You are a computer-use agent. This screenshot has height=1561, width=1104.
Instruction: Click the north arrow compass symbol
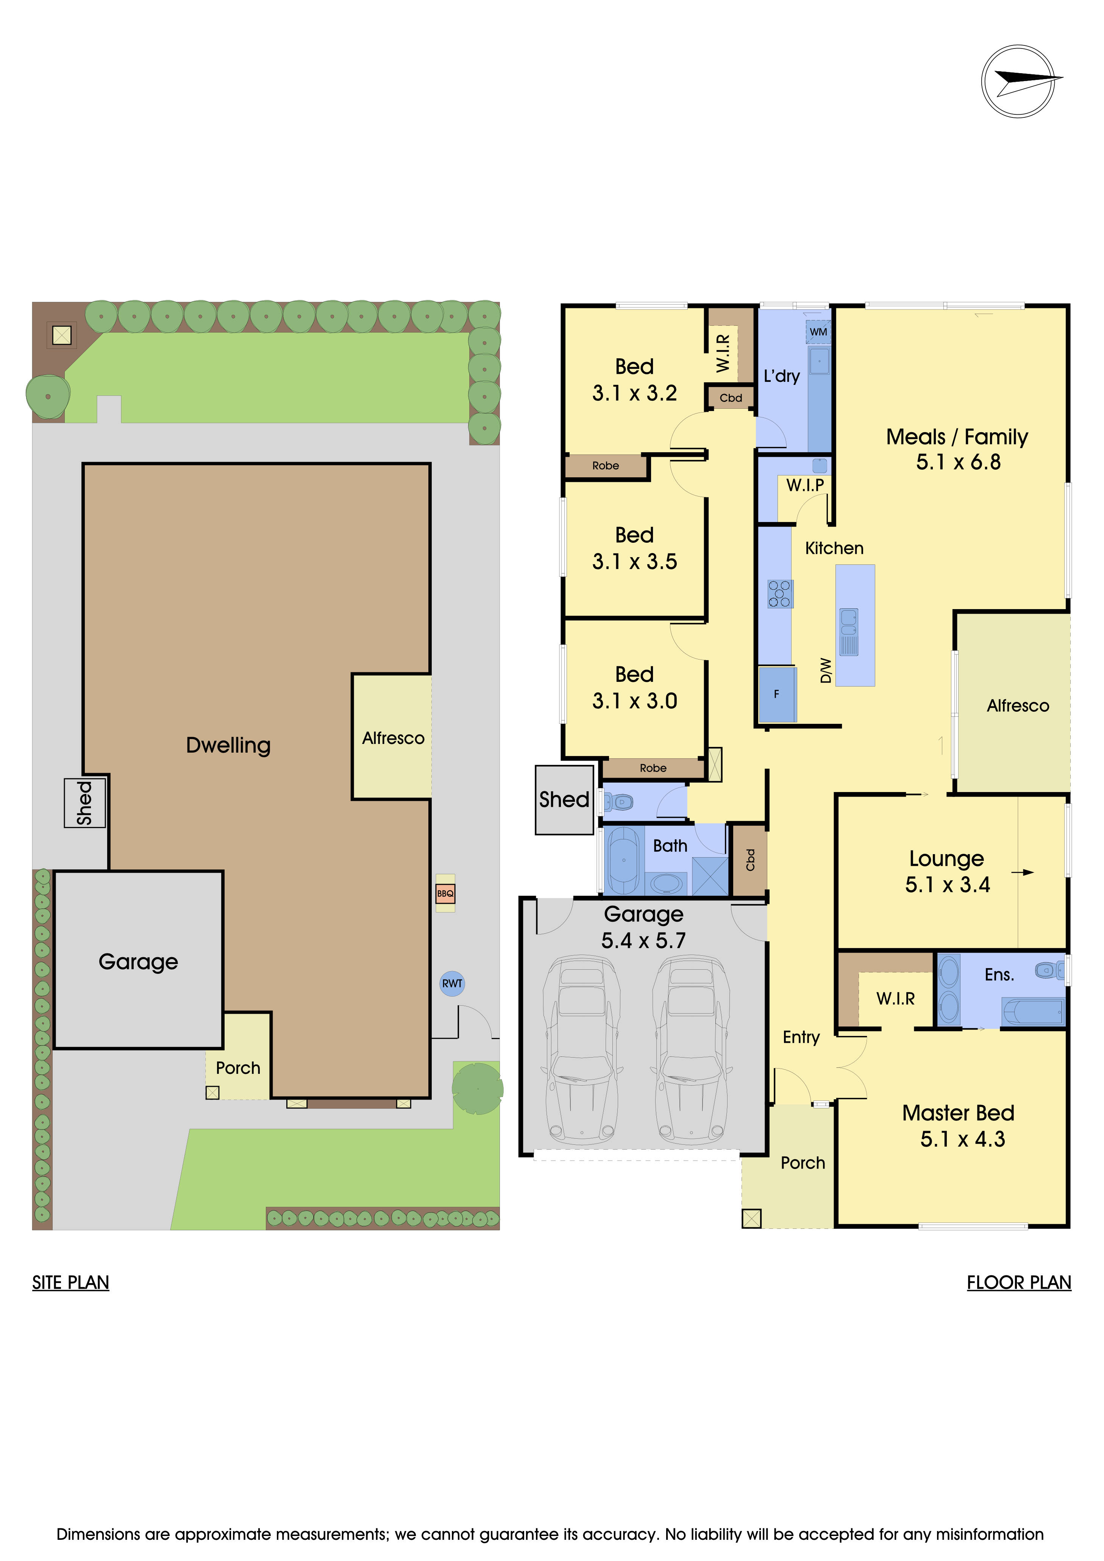[1018, 81]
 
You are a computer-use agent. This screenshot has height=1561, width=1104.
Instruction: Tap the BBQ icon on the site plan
[445, 893]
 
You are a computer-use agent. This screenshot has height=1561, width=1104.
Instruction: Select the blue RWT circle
[452, 983]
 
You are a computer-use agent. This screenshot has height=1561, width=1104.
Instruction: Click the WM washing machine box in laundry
[818, 332]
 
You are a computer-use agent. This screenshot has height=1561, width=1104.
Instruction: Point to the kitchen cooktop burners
[780, 594]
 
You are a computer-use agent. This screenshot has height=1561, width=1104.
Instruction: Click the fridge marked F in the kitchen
[776, 694]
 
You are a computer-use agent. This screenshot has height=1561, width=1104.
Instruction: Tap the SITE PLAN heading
[71, 1282]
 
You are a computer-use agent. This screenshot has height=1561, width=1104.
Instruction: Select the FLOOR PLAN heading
[1018, 1282]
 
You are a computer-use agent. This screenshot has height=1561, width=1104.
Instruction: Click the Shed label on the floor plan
[564, 800]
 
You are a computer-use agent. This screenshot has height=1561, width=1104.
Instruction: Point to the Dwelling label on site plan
[228, 745]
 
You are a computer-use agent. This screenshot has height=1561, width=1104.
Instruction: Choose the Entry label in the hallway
[801, 1037]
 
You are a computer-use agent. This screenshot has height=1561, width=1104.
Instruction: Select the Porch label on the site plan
[238, 1068]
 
